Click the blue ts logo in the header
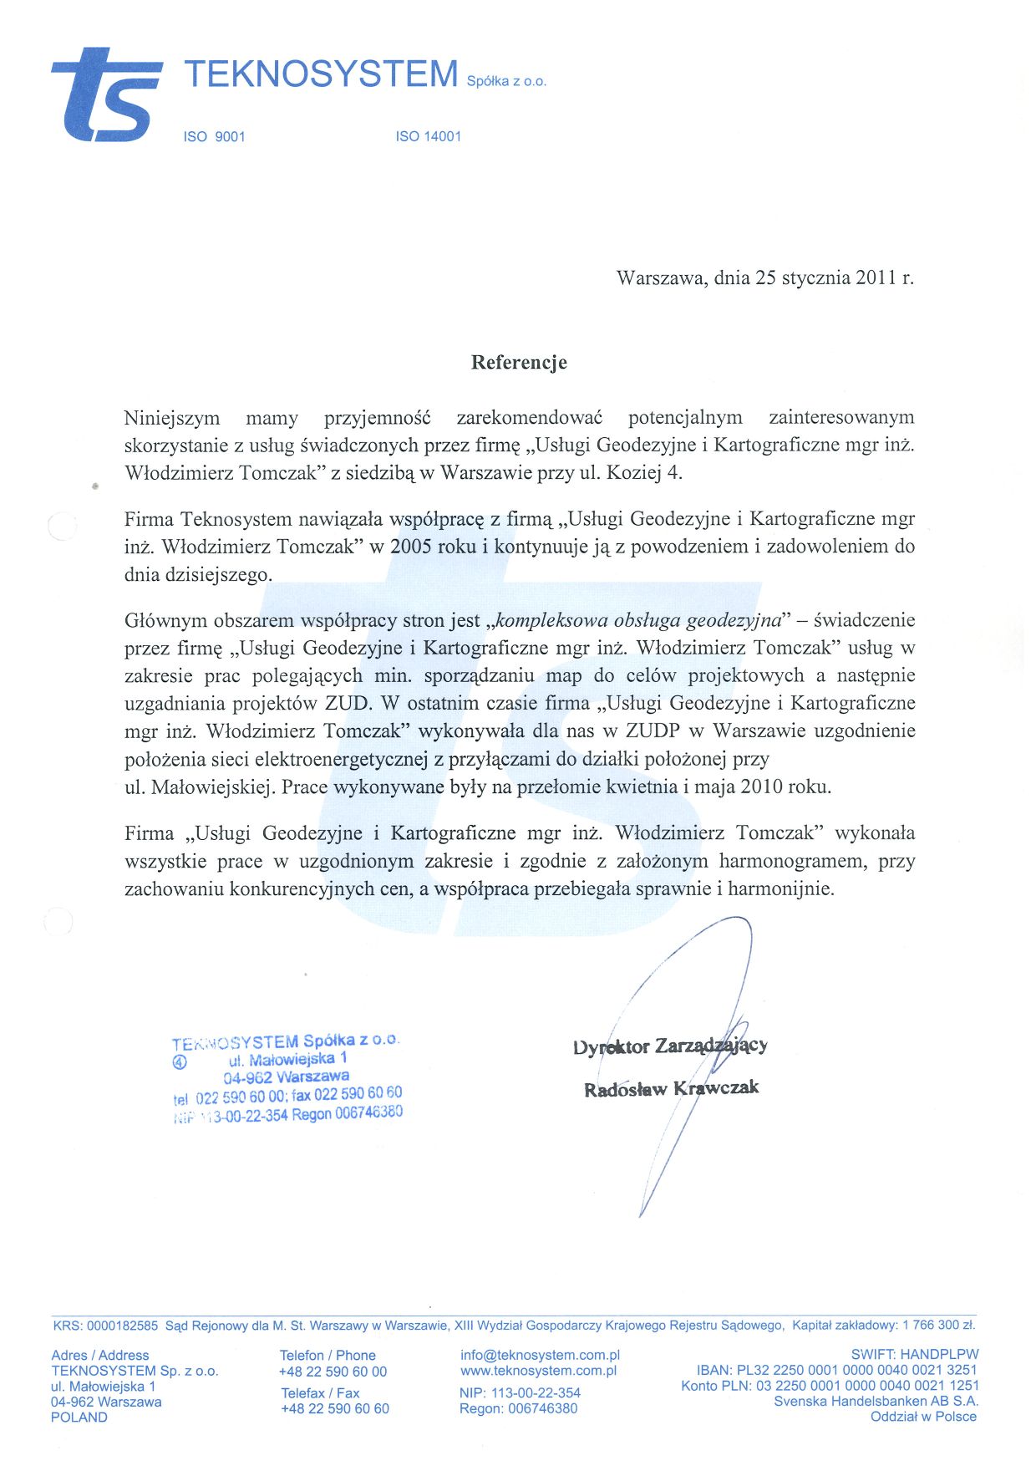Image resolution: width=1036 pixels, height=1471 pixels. click(x=107, y=95)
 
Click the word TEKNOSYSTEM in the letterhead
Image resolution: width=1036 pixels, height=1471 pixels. click(x=321, y=74)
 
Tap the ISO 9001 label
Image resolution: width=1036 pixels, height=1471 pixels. click(x=214, y=136)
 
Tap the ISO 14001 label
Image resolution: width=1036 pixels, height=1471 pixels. click(x=428, y=136)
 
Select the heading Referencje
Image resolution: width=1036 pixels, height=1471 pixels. click(x=519, y=362)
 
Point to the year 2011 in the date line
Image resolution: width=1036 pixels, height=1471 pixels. click(x=876, y=277)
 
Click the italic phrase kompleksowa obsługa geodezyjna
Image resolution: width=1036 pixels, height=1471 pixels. click(x=638, y=620)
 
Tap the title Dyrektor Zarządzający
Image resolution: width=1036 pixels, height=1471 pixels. click(x=670, y=1046)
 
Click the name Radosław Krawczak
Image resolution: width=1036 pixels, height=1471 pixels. click(x=671, y=1088)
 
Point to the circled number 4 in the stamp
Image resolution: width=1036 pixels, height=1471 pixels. click(x=179, y=1062)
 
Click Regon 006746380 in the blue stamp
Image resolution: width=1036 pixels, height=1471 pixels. click(x=347, y=1113)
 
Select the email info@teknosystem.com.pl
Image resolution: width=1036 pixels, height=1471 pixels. click(x=540, y=1355)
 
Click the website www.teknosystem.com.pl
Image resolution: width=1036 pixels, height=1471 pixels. click(x=538, y=1371)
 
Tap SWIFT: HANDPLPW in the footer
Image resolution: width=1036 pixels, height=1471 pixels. click(x=914, y=1354)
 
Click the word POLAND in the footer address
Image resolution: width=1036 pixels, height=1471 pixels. click(x=79, y=1418)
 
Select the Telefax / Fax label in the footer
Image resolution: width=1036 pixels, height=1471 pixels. click(x=320, y=1393)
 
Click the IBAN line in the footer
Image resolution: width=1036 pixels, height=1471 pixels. click(x=836, y=1370)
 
